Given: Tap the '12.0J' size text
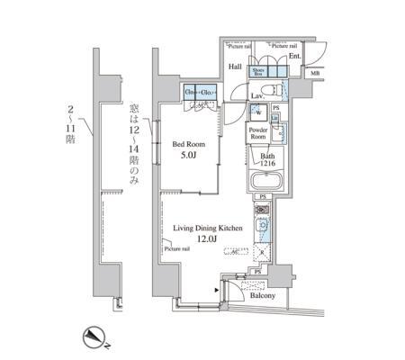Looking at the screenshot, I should (208, 240).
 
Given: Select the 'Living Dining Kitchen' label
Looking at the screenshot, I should (208, 229).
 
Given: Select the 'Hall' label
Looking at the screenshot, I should (234, 66).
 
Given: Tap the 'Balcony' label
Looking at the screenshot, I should (262, 295).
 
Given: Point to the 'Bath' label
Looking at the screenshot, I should (267, 155).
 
